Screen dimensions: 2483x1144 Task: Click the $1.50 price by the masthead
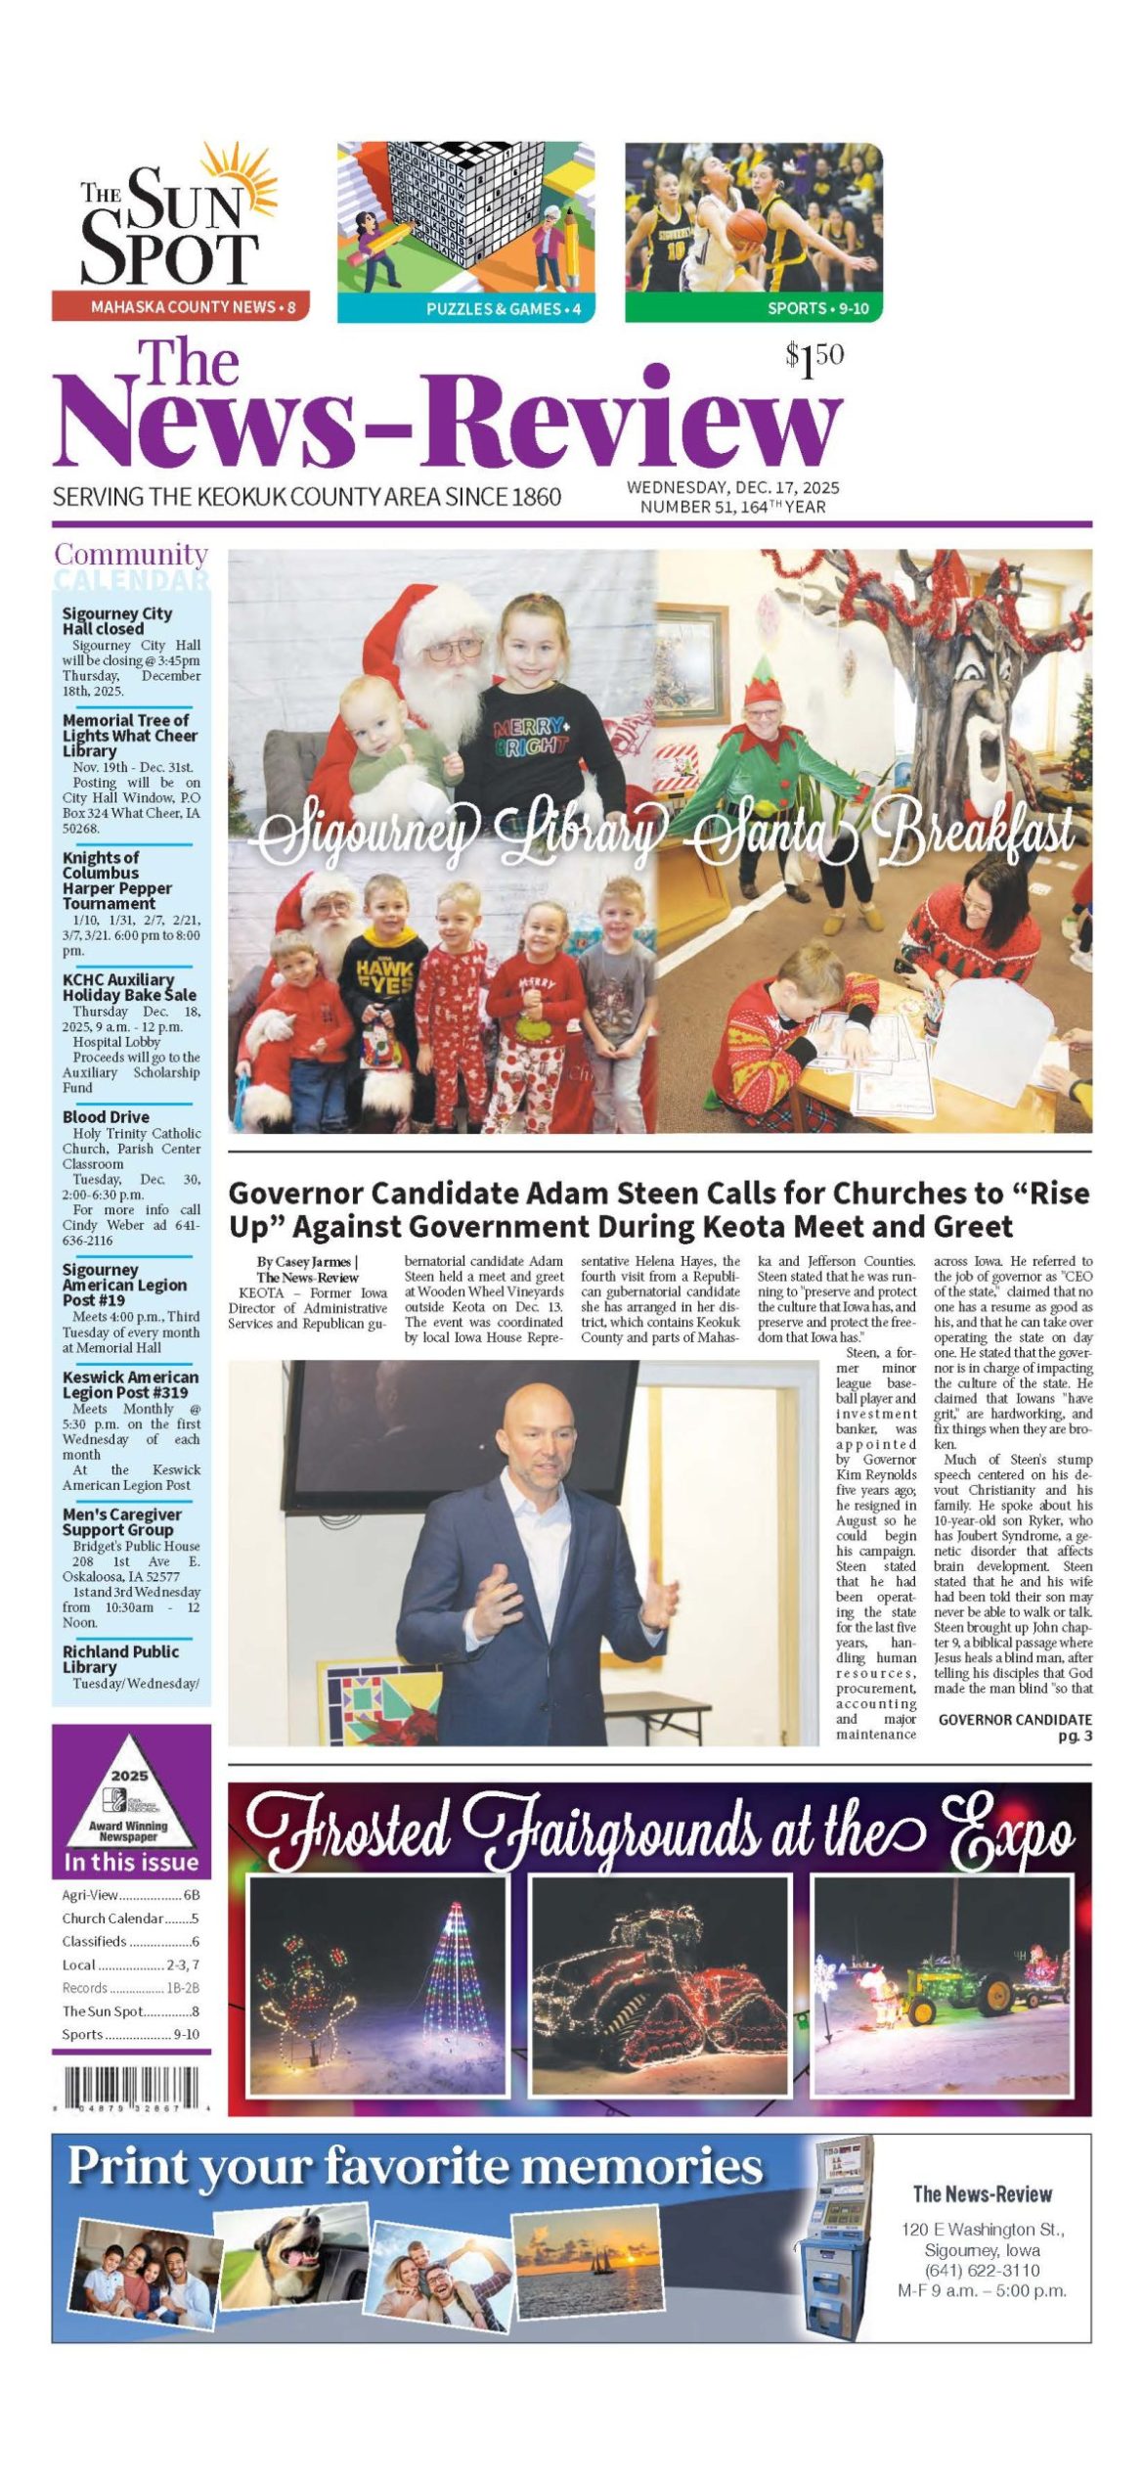click(814, 360)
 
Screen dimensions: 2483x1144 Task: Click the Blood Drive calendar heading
click(106, 1116)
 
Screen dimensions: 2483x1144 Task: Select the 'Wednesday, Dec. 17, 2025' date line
click(732, 487)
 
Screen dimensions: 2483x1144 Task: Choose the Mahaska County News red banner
click(181, 307)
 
